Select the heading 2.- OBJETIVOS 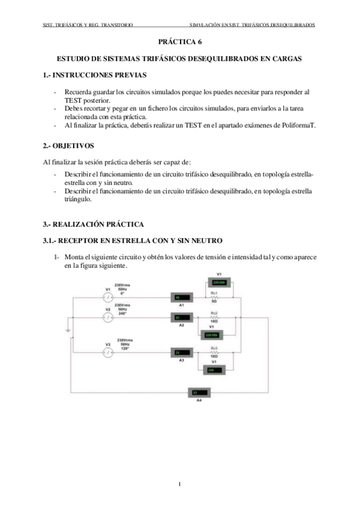(68, 146)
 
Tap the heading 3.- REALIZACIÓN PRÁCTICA (93, 224)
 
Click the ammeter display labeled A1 (182, 297)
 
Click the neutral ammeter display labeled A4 (199, 392)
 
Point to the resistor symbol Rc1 (214, 298)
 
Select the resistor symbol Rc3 (214, 352)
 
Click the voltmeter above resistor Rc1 (218, 281)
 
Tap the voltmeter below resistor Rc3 (214, 370)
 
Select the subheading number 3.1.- (53, 241)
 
